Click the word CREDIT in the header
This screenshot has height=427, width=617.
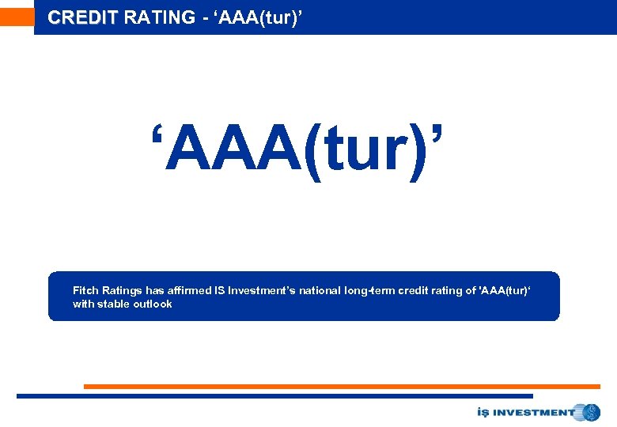82,17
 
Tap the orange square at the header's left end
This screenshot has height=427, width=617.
17,17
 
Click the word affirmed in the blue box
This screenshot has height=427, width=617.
189,291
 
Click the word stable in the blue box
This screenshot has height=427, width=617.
114,304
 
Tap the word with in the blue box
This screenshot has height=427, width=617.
83,304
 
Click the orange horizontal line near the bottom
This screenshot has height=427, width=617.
342,387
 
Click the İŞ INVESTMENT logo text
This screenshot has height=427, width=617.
526,412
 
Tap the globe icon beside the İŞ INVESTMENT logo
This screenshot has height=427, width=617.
590,412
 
